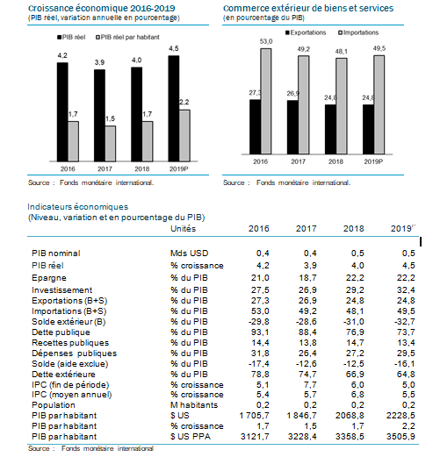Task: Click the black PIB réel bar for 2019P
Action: (x=174, y=109)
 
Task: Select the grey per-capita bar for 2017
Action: (x=111, y=144)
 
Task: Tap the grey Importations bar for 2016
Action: (x=266, y=101)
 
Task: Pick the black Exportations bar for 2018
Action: (x=330, y=129)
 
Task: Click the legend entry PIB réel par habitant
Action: (x=127, y=37)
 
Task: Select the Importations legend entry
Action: (x=358, y=32)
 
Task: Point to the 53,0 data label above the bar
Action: (x=266, y=41)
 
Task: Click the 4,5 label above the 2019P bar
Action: (x=174, y=48)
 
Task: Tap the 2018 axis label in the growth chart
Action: (x=142, y=169)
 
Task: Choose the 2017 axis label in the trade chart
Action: (x=299, y=161)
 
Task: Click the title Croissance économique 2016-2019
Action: (x=102, y=8)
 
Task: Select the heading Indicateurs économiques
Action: (x=78, y=207)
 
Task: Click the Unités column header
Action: (x=184, y=228)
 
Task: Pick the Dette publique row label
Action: (x=61, y=332)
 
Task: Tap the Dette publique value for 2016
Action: (x=260, y=332)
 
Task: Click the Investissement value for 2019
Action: (x=406, y=290)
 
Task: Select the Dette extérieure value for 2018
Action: (x=355, y=375)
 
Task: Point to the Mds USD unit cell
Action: (x=190, y=253)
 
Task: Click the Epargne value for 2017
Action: (x=307, y=278)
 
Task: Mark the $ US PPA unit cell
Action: (x=191, y=437)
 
